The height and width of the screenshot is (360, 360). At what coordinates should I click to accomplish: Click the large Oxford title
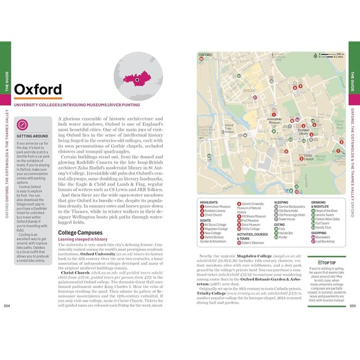point(38,89)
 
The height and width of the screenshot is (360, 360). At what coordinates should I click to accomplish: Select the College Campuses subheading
point(80,233)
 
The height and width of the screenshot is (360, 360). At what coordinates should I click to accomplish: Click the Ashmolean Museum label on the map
point(274,122)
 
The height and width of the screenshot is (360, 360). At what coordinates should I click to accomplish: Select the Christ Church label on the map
point(308,157)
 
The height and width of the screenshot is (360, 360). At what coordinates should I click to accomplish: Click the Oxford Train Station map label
point(229,129)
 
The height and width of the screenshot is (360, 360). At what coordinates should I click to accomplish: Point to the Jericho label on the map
point(250,89)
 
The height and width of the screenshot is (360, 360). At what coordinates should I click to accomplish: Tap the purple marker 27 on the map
point(254,97)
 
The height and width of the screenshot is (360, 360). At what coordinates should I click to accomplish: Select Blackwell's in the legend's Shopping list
point(322,237)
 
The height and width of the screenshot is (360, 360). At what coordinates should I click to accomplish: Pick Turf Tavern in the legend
point(322,223)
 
